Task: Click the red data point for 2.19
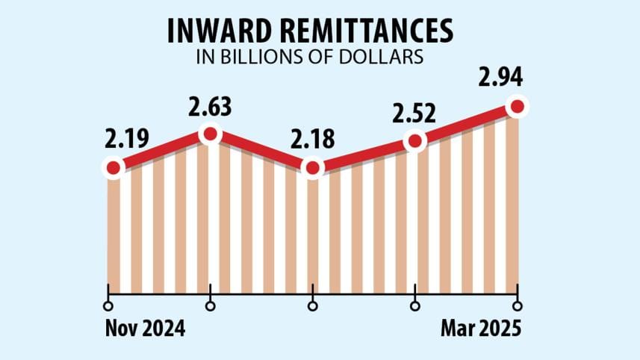[x=112, y=168]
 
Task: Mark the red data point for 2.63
[x=211, y=134]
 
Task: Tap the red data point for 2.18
[x=313, y=168]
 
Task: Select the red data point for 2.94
[x=516, y=108]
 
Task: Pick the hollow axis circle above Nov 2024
[x=109, y=305]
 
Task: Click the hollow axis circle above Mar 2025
[x=517, y=305]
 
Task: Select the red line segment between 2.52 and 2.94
[x=465, y=124]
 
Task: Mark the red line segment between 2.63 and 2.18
[x=261, y=151]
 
